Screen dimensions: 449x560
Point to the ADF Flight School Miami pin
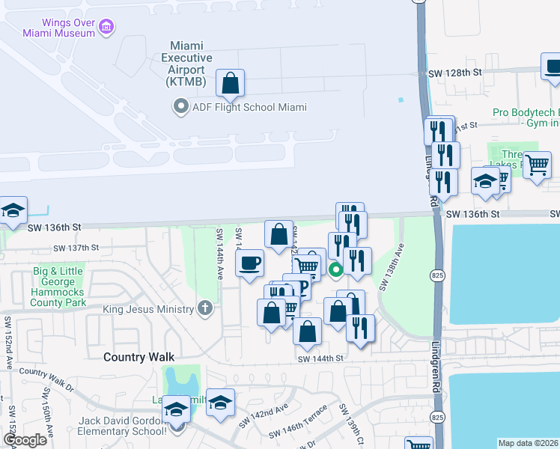coord(180,108)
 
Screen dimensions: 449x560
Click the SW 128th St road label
coord(454,73)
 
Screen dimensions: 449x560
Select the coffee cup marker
coord(250,263)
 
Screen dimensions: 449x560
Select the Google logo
coord(25,439)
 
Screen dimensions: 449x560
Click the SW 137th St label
coord(76,248)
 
